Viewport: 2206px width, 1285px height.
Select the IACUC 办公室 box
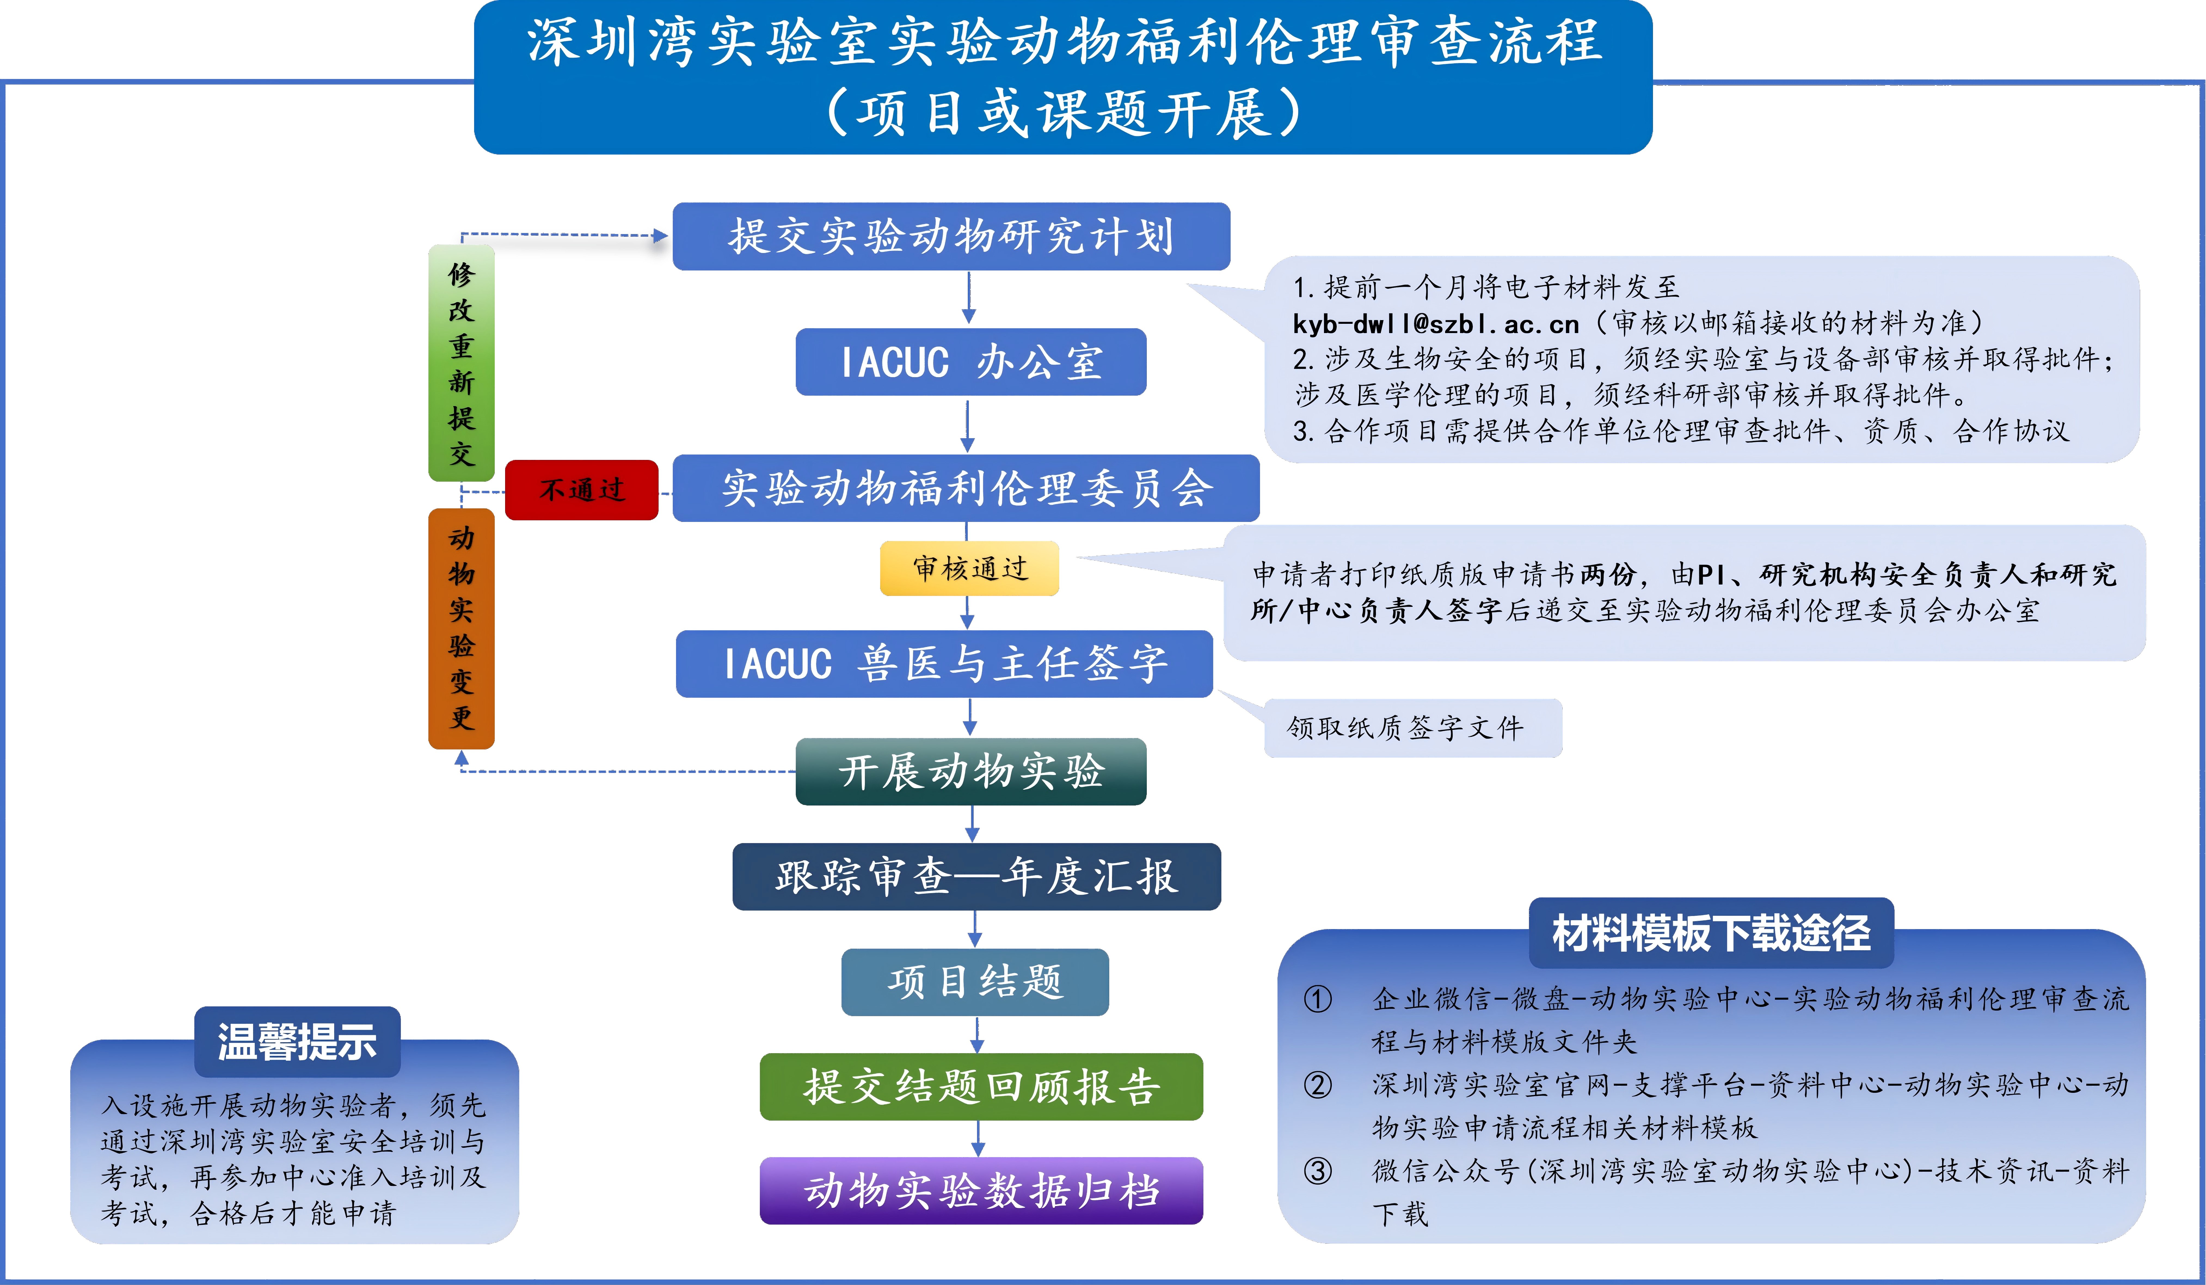tap(971, 361)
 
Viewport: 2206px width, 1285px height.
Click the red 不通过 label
tap(581, 489)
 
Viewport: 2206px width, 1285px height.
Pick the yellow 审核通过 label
tap(969, 568)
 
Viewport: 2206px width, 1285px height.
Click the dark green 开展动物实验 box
tap(971, 771)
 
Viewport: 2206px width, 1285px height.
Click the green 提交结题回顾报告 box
tap(981, 1086)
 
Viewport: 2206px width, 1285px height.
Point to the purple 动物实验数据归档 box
tap(981, 1191)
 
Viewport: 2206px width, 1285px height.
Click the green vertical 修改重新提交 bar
tap(461, 363)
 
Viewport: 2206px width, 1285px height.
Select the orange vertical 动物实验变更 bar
tap(461, 629)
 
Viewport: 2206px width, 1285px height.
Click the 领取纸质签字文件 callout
tap(1413, 727)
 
